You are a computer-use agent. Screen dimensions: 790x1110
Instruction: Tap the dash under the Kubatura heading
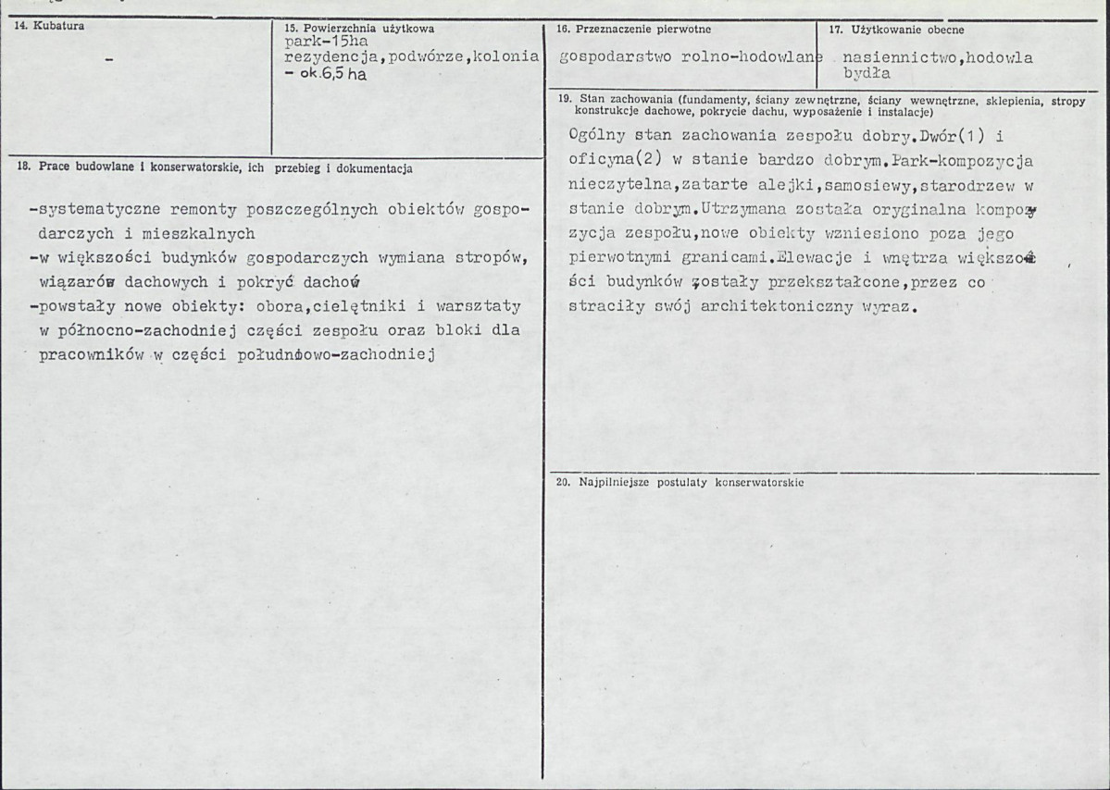click(109, 60)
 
